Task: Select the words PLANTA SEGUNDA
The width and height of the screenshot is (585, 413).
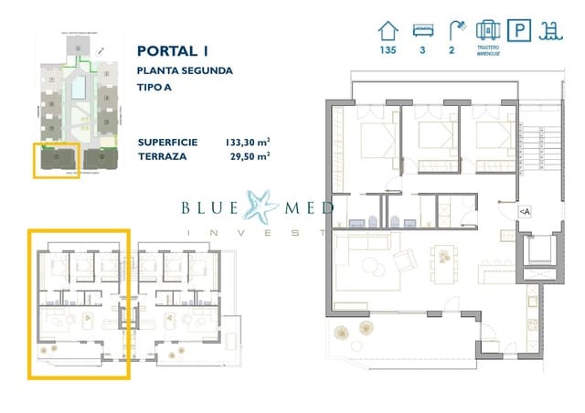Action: pos(185,70)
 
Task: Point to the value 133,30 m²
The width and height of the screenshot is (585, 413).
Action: pos(246,142)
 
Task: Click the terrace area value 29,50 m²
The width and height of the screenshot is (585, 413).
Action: pos(249,156)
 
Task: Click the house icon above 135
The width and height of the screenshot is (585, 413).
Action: pos(388,30)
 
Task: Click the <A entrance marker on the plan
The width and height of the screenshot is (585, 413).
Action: pos(525,212)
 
